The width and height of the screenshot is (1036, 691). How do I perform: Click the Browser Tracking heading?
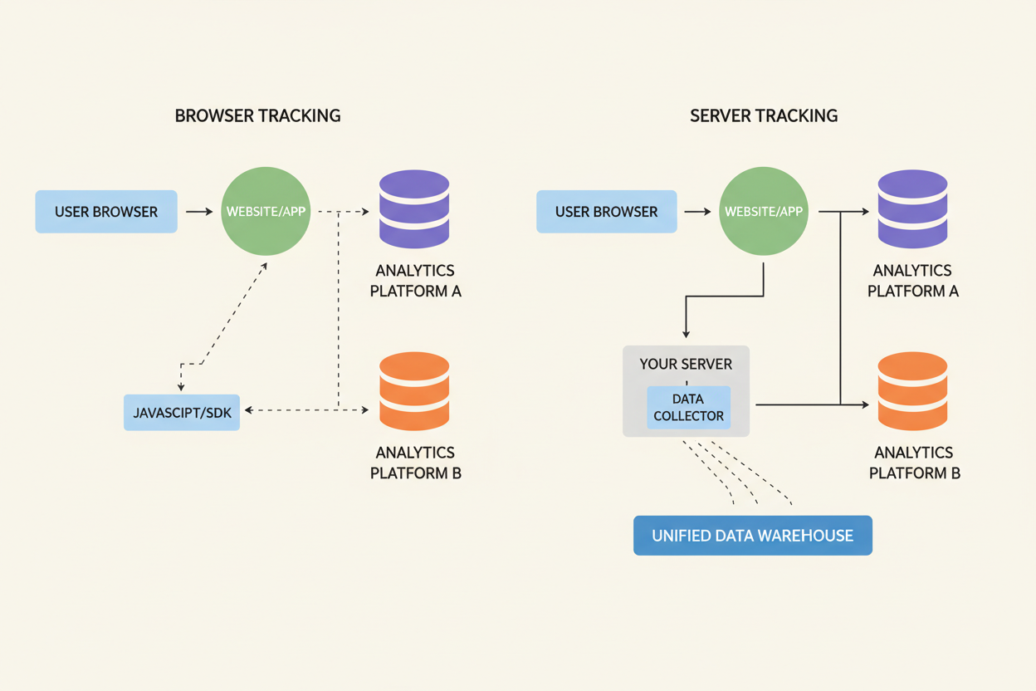tap(257, 115)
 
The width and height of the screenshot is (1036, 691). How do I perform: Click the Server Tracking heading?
tap(763, 115)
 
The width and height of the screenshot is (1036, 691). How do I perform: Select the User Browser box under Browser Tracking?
tap(106, 212)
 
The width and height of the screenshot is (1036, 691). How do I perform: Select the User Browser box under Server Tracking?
tap(606, 212)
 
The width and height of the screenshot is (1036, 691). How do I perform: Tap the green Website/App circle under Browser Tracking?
tap(266, 212)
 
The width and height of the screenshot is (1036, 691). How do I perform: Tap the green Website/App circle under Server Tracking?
tap(763, 212)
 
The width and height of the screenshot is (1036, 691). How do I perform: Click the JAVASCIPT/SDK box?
tap(182, 413)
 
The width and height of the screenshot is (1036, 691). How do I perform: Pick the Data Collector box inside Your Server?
tap(688, 408)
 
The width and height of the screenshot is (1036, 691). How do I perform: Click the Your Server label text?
tap(686, 364)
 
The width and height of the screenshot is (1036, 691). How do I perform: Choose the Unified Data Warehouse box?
tap(752, 536)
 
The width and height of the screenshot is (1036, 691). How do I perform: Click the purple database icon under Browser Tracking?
tap(414, 208)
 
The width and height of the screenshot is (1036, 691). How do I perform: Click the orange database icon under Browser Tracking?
tap(414, 391)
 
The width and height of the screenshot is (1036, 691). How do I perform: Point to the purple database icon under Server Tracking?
tap(912, 208)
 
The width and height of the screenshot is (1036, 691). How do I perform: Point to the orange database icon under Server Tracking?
tap(912, 391)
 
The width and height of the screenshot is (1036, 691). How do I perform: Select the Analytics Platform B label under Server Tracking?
tap(914, 463)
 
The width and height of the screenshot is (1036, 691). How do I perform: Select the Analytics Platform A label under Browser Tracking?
tap(415, 281)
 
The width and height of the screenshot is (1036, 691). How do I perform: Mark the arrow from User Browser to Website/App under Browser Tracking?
tap(199, 212)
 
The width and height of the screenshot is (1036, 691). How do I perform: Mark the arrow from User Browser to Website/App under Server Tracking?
tap(697, 212)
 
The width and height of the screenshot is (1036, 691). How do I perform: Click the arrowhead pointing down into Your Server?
tap(686, 333)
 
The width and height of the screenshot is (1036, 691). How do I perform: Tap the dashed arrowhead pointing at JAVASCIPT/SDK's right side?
tap(249, 409)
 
